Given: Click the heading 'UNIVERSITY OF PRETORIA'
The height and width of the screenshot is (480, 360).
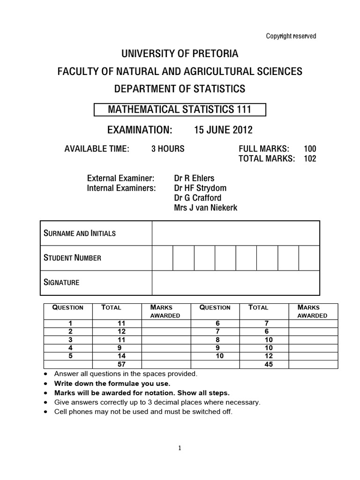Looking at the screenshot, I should [x=180, y=54].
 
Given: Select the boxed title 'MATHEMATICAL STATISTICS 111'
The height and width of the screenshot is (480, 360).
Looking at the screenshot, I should [x=180, y=110].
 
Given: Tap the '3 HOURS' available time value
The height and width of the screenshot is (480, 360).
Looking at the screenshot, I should [x=168, y=149].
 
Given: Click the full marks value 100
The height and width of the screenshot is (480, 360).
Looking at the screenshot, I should [x=310, y=149].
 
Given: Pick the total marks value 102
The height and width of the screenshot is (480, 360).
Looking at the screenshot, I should [x=310, y=158].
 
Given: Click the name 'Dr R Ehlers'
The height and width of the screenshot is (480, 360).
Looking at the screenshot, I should [x=195, y=178].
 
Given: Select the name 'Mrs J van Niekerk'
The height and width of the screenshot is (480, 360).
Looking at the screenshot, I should [x=205, y=208].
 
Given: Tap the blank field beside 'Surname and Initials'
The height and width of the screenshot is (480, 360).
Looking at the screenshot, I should [x=236, y=233].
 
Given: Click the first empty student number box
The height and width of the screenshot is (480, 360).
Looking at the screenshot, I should [x=163, y=257].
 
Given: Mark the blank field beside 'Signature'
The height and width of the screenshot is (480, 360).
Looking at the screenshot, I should [x=236, y=282].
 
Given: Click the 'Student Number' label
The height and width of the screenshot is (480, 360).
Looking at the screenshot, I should [x=72, y=257].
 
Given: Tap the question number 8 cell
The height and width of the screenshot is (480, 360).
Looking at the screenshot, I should [x=215, y=339].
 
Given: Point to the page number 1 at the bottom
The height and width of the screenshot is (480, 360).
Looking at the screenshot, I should [x=180, y=448].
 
